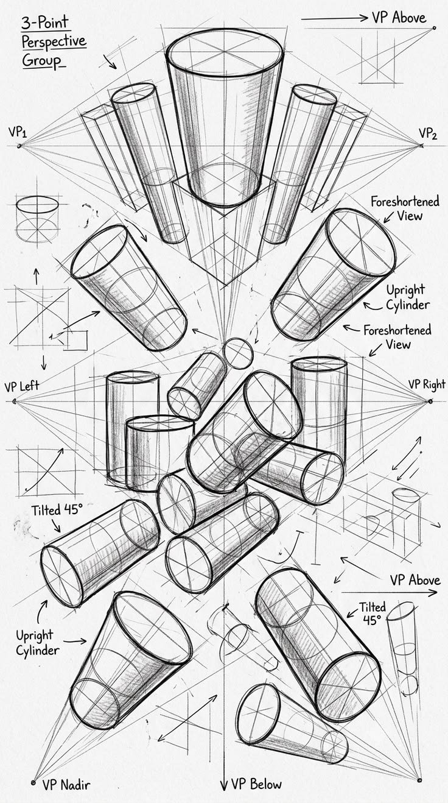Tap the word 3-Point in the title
(x=44, y=23)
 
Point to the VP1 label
(x=17, y=132)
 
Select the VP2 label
(x=428, y=133)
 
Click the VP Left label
(x=21, y=386)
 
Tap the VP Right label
(x=427, y=384)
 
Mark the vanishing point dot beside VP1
(x=19, y=146)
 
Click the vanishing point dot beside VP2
(x=422, y=145)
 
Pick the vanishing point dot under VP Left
(x=15, y=401)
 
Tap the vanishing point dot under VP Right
(x=430, y=401)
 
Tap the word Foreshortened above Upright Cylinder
(x=405, y=202)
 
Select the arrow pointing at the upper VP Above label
(x=334, y=18)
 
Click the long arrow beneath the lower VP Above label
(x=390, y=592)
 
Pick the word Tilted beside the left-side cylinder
(x=46, y=510)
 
